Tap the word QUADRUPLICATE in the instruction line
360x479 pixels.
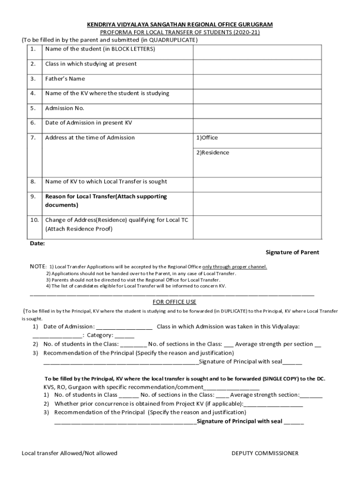pyautogui.click(x=173, y=40)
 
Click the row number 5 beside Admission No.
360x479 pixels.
pyautogui.click(x=33, y=109)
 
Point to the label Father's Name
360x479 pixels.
pyautogui.click(x=65, y=79)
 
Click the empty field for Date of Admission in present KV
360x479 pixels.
pyautogui.click(x=256, y=123)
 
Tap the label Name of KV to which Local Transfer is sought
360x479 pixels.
pyautogui.click(x=106, y=181)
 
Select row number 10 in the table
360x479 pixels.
pyautogui.click(x=34, y=220)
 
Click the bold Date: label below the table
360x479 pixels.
pyautogui.click(x=37, y=244)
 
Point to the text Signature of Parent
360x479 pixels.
pyautogui.click(x=292, y=253)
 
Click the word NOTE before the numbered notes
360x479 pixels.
pyautogui.click(x=38, y=267)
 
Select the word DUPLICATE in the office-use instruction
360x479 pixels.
pyautogui.click(x=235, y=311)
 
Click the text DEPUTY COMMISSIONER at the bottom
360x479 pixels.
pyautogui.click(x=265, y=453)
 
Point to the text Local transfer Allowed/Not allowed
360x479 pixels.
pyautogui.click(x=69, y=453)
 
